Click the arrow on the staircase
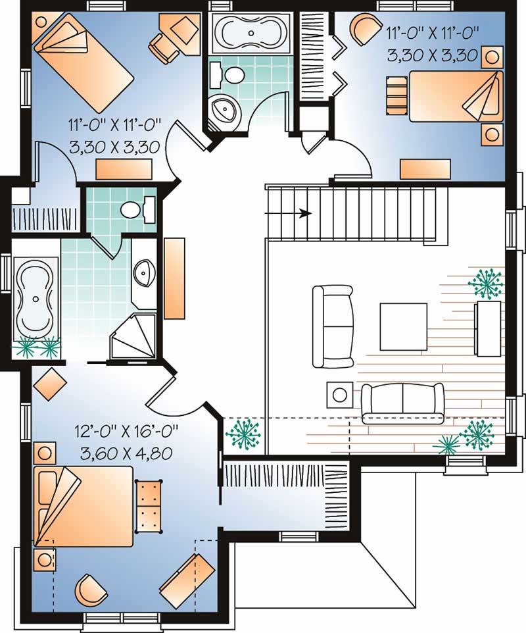pos(304,213)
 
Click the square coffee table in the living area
pos(403,326)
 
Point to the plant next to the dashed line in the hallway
pos(243,432)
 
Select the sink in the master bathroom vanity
pos(143,271)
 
